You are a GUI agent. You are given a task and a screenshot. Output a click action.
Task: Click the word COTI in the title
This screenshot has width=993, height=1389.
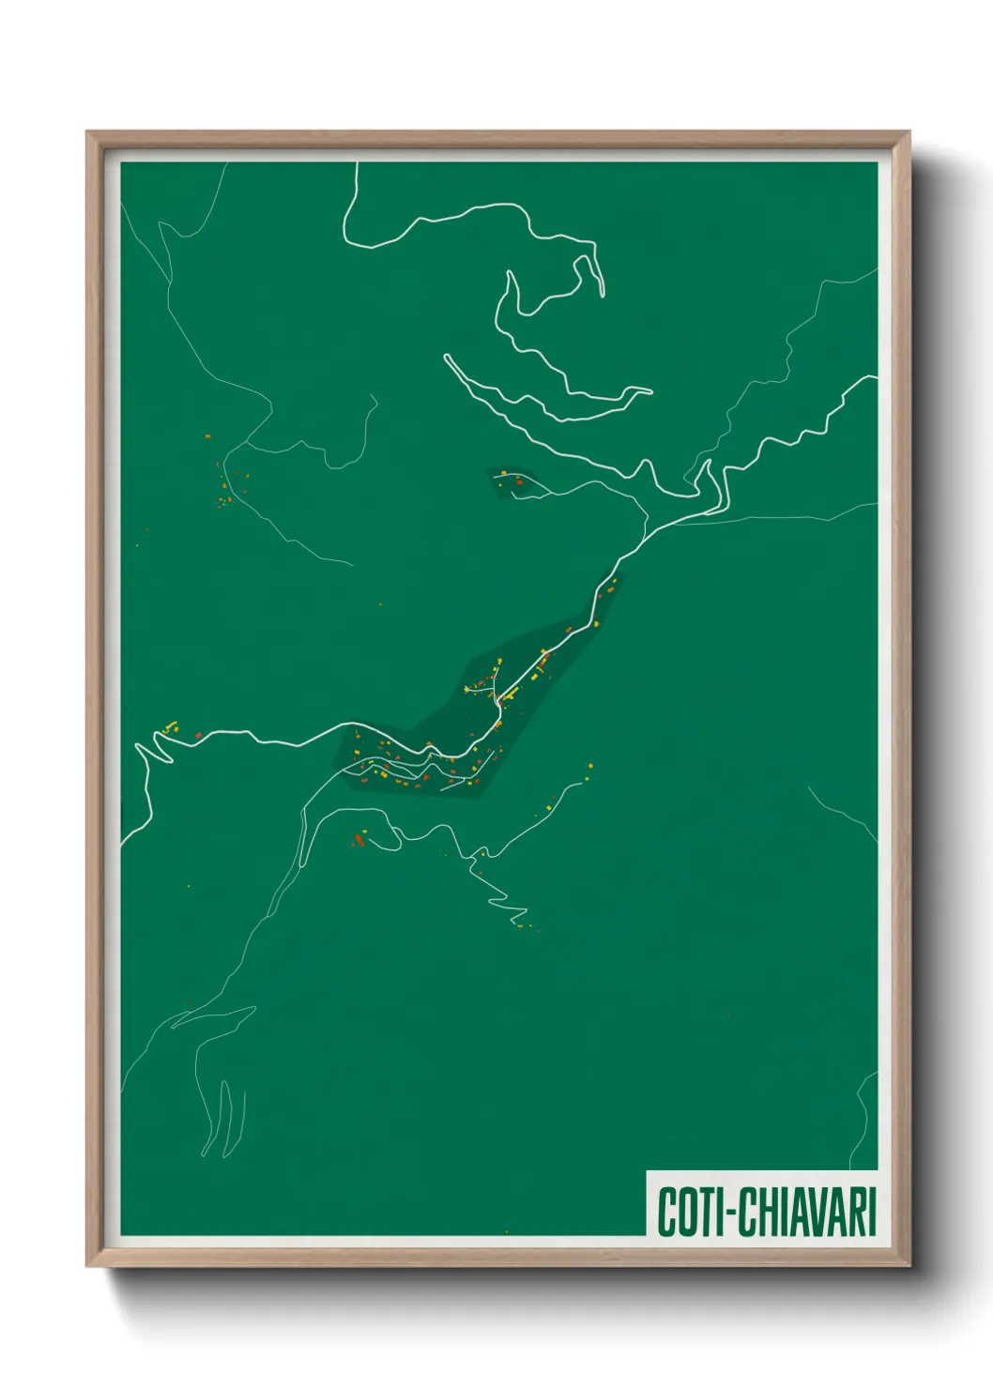(x=684, y=1212)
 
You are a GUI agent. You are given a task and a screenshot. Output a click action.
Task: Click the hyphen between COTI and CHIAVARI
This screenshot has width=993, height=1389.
(x=724, y=1213)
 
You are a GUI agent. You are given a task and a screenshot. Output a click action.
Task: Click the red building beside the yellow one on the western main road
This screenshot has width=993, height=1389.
(x=198, y=735)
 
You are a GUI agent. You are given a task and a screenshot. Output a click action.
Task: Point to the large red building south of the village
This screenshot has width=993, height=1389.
(x=358, y=839)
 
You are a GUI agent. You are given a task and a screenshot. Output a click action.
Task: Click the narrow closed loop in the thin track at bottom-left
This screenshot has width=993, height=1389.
(x=225, y=1117)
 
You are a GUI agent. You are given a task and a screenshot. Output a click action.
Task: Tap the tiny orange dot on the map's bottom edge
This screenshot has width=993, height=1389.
(x=507, y=1231)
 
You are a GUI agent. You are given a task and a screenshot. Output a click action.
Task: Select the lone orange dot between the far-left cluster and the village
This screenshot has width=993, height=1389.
(x=380, y=604)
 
